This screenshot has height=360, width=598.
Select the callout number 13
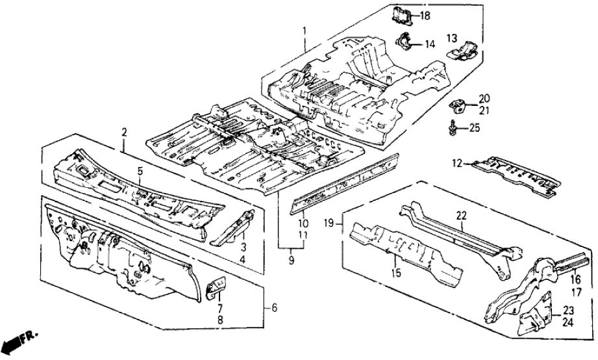(452, 38)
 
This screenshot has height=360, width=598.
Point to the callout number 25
(474, 128)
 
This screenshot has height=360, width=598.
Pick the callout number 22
(462, 215)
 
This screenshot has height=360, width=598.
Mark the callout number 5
(138, 172)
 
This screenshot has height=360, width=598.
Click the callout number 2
(123, 132)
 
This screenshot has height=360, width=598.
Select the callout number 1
(303, 30)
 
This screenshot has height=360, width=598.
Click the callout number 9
(291, 260)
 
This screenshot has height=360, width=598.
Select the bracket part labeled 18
(401, 14)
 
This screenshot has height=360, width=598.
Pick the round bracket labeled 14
(406, 41)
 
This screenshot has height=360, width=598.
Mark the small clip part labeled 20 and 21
(458, 104)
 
